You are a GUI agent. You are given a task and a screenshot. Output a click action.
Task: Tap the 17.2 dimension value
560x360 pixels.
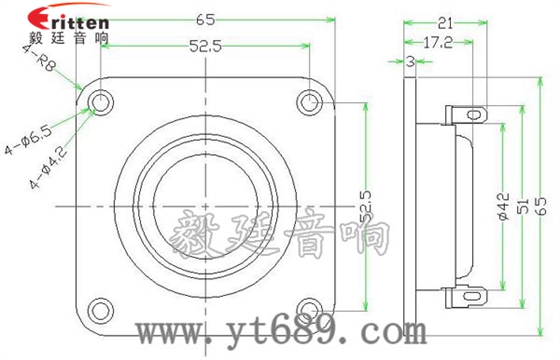point(439,43)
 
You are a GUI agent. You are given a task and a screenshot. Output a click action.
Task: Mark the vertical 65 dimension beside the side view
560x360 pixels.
point(543,206)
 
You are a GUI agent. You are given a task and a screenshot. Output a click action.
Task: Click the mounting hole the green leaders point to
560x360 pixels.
point(100,102)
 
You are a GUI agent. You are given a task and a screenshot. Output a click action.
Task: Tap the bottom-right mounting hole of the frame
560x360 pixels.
point(309,307)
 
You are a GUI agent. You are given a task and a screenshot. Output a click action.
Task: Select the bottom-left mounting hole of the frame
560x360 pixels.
point(100,307)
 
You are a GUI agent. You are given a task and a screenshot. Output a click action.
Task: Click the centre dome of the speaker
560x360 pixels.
point(204,204)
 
